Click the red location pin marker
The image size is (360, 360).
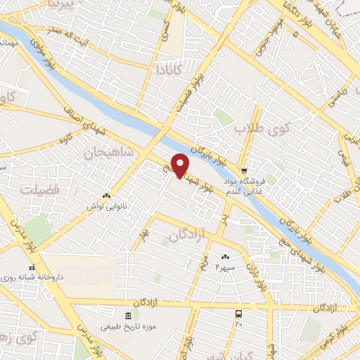tap(180, 165)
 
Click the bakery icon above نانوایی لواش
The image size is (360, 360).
tap(105, 196)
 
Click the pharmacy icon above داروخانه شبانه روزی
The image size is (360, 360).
tap(31, 268)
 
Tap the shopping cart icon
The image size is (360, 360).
tap(243, 170)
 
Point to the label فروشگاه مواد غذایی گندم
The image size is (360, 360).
tap(247, 186)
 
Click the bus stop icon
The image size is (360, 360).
tap(239, 314)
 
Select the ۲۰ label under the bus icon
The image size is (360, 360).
tap(239, 324)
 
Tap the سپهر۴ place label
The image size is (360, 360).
tap(224, 268)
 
